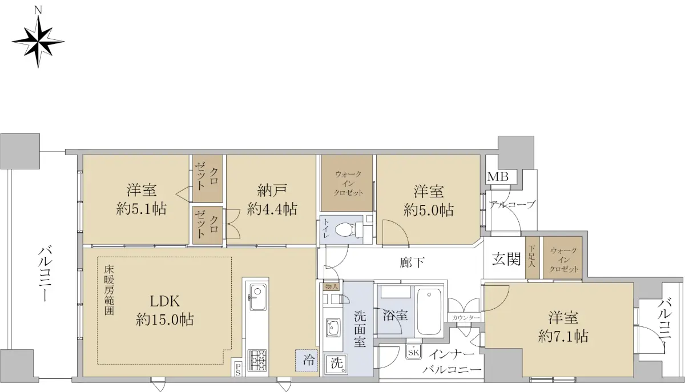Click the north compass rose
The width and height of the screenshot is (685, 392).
(38, 41)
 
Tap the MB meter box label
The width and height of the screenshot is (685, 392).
(498, 177)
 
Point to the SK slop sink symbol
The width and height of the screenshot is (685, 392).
(413, 352)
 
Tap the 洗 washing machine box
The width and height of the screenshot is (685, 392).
(336, 364)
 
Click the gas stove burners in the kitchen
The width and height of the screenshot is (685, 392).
(257, 360)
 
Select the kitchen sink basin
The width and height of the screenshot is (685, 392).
(257, 297)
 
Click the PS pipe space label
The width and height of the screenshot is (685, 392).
(238, 369)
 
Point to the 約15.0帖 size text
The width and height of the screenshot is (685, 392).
(164, 320)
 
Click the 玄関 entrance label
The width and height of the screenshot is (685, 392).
(506, 260)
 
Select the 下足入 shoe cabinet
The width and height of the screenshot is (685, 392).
(532, 257)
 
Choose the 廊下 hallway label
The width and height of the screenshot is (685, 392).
(412, 262)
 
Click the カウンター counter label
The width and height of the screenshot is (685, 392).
(464, 318)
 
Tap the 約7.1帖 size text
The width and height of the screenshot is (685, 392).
(563, 336)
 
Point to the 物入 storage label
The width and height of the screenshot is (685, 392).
(331, 287)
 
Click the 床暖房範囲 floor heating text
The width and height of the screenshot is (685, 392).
(109, 290)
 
